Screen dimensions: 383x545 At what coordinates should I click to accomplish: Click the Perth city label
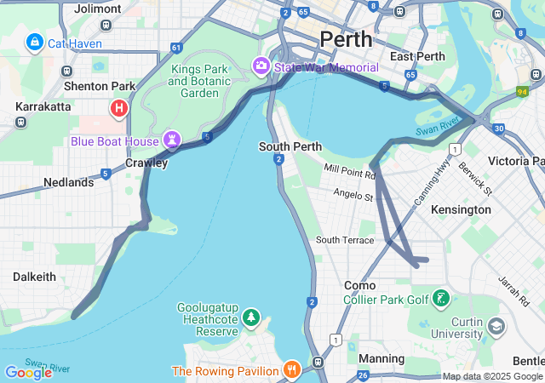pos(346,39)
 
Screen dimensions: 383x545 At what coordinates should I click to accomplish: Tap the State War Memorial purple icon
pos(261,66)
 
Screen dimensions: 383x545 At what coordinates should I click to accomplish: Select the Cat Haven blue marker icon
pos(35,41)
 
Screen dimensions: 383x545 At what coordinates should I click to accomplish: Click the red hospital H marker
pos(119,108)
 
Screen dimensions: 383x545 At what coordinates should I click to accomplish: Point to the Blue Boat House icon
pos(172,140)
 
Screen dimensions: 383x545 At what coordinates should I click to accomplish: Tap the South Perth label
pos(290,146)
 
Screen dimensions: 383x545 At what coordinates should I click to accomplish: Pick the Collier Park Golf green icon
pos(441,299)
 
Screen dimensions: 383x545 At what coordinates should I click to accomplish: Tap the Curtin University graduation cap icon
pos(496,326)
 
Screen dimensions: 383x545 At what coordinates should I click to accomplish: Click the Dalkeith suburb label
pos(34,277)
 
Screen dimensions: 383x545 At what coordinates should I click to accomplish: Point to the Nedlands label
pos(68,182)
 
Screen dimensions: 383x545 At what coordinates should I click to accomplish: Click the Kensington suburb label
pos(461,209)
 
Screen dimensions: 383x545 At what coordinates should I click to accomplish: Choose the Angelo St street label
pos(353,197)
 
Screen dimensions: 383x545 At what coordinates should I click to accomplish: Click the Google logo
pos(28,372)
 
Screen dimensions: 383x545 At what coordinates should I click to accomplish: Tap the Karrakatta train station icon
pos(20,122)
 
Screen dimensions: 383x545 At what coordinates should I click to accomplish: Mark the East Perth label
pos(417,56)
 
